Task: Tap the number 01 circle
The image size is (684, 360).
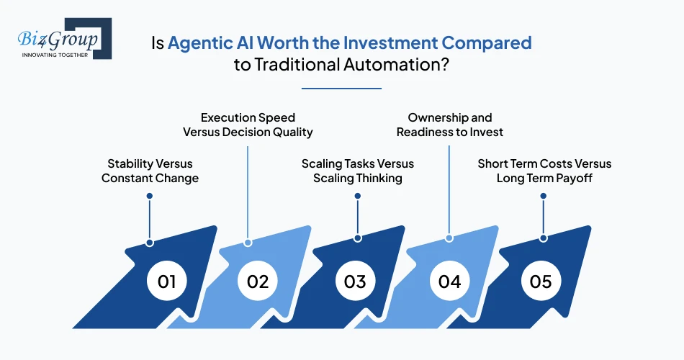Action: point(166,280)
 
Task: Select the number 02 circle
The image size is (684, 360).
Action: point(257,280)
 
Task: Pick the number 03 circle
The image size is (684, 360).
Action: point(355,280)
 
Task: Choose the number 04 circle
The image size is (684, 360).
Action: point(449,280)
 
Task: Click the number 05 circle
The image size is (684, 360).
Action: point(541,280)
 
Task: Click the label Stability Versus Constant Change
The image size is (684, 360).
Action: point(150,171)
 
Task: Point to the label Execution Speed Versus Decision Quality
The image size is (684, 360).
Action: point(248,125)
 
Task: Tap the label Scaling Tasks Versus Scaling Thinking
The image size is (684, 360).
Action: point(358,171)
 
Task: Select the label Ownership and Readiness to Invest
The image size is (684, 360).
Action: point(450,125)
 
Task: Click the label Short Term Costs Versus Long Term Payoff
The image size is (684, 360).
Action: point(544,171)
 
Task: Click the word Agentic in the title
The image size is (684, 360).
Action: point(197,42)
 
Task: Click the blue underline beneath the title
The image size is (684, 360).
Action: point(341,89)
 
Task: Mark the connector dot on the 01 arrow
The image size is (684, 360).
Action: point(150,242)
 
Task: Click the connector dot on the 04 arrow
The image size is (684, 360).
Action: point(449,238)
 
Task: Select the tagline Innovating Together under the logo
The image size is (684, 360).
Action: point(55,54)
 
